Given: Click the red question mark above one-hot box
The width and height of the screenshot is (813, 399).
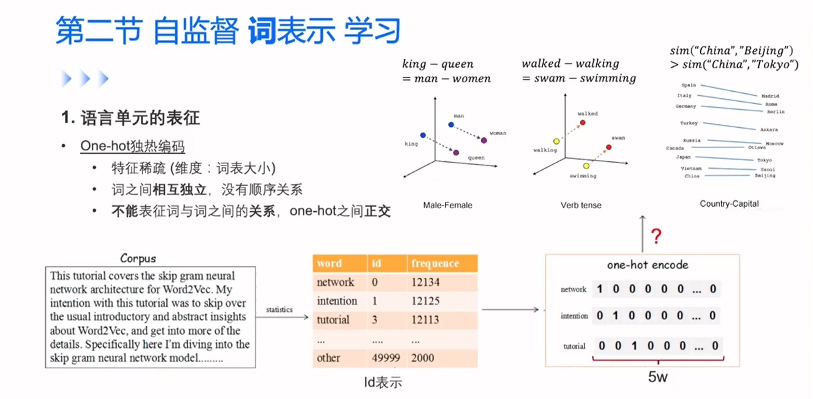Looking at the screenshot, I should coord(656,236).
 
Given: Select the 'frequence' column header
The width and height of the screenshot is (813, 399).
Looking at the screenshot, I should coord(435,263).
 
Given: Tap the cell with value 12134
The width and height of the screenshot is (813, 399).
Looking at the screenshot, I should coord(425,282).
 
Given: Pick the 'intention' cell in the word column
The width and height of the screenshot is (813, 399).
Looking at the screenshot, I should coord(337,301).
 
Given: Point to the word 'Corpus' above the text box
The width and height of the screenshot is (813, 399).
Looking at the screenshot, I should coord(137,258).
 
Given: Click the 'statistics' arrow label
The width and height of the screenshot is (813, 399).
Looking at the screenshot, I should coord(279,310).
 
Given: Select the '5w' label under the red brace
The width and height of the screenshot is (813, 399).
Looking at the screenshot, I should coord(657,377).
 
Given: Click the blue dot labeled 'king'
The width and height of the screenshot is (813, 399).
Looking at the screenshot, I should coord(423,135).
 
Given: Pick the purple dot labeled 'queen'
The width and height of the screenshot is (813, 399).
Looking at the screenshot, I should coord(456,152).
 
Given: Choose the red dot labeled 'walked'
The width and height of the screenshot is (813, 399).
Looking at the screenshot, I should coord(583,123).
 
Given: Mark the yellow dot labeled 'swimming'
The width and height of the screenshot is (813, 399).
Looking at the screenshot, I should coord(586,166).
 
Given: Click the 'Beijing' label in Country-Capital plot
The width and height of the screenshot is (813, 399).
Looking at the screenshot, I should coord(765,176).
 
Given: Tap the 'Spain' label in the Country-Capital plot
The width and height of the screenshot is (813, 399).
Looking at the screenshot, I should coord(688,85).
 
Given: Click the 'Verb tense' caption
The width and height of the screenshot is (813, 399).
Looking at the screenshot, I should coord(581,205).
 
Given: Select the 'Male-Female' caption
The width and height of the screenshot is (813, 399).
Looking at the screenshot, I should coord(448,205).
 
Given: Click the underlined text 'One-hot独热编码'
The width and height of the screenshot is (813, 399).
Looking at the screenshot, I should coord(132,147).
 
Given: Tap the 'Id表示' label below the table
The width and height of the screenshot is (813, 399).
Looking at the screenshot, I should coord(383,382).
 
